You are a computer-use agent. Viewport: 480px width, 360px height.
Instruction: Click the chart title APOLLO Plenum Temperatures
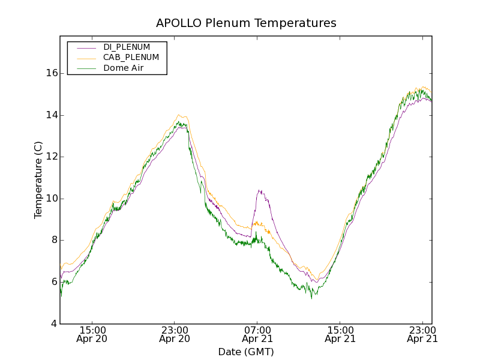click(246, 23)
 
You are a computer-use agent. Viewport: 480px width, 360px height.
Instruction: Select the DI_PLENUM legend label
click(127, 47)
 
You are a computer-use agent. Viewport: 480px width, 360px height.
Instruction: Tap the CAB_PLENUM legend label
click(131, 58)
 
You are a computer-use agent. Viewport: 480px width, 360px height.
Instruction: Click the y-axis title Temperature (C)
click(38, 180)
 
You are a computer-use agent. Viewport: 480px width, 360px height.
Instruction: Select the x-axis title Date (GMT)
click(246, 352)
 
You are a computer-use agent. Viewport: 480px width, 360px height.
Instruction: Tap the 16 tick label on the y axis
click(51, 73)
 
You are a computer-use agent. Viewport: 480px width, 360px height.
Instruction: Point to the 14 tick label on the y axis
click(51, 115)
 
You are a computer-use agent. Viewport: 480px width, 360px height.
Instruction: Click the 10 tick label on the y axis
click(51, 199)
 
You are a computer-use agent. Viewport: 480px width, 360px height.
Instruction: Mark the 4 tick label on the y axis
click(54, 324)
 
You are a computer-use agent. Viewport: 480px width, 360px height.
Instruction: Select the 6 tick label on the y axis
click(54, 282)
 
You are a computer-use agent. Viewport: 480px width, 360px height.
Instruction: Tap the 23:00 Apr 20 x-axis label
click(174, 334)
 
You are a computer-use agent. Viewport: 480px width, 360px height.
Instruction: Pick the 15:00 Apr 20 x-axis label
click(92, 334)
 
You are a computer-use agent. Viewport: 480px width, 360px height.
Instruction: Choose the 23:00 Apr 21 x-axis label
click(422, 334)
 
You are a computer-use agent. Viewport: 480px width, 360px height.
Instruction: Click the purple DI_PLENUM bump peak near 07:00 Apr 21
click(260, 191)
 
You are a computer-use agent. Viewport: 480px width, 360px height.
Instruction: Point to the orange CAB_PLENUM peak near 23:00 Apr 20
click(179, 115)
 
